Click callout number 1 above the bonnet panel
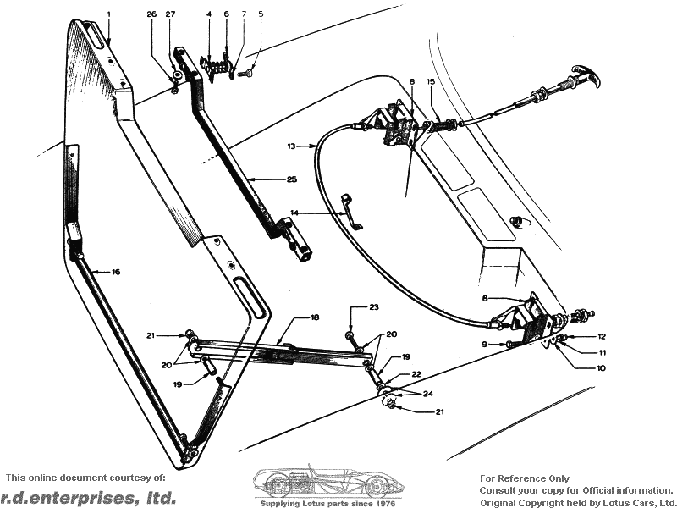pos(109,14)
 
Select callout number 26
pos(151,14)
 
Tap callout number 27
pos(170,14)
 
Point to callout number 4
pos(208,14)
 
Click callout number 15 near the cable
pos(431,82)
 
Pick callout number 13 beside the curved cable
pos(290,146)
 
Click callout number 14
pos(295,213)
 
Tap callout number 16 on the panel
pos(116,272)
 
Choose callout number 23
pos(373,306)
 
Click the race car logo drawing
pos(325,482)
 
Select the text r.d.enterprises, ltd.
pos(88,497)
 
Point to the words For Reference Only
pos(525,478)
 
